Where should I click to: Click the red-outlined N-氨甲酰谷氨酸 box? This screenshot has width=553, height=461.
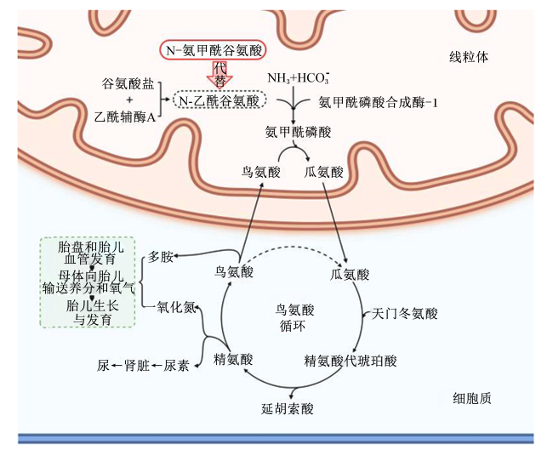pyautogui.click(x=213, y=51)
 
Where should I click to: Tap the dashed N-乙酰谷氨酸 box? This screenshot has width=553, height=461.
pyautogui.click(x=219, y=100)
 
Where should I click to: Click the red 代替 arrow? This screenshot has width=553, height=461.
pyautogui.click(x=219, y=74)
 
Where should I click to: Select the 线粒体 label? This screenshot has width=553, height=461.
pyautogui.click(x=469, y=57)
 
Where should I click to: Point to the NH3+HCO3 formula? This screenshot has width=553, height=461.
pyautogui.click(x=299, y=77)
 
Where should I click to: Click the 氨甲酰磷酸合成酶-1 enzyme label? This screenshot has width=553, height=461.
pyautogui.click(x=378, y=102)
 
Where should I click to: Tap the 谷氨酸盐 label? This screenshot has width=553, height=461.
pyautogui.click(x=128, y=83)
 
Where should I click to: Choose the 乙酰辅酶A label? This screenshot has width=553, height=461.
pyautogui.click(x=125, y=117)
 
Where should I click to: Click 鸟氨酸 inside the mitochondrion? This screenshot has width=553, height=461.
pyautogui.click(x=260, y=172)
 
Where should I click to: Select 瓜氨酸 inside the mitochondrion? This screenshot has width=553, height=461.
pyautogui.click(x=323, y=172)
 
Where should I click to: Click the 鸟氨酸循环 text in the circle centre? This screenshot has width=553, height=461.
pyautogui.click(x=294, y=317)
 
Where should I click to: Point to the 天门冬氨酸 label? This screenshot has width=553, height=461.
pyautogui.click(x=404, y=313)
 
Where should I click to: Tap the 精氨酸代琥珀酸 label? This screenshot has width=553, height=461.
pyautogui.click(x=351, y=361)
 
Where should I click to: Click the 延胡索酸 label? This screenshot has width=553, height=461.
pyautogui.click(x=287, y=408)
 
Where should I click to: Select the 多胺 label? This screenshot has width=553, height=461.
pyautogui.click(x=161, y=257)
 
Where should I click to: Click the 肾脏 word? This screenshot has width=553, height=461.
pyautogui.click(x=137, y=366)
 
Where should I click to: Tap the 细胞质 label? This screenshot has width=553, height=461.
pyautogui.click(x=472, y=398)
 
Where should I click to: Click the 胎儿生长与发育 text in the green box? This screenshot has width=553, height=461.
pyautogui.click(x=92, y=312)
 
